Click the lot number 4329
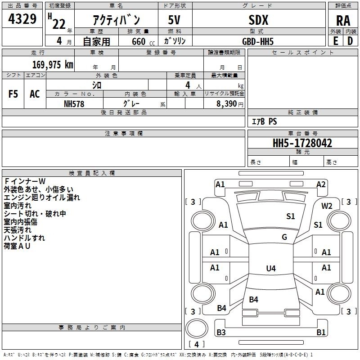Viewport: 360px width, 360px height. click(x=22, y=19)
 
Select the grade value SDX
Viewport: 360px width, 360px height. click(x=258, y=20)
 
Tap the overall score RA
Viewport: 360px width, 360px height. click(x=343, y=21)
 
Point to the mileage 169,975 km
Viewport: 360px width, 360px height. click(x=53, y=64)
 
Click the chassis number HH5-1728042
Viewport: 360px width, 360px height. click(x=302, y=143)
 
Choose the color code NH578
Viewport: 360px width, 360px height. click(x=74, y=104)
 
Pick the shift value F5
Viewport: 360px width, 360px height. click(x=13, y=94)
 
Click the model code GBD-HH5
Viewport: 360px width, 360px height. click(x=258, y=41)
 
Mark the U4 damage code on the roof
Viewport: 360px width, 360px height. click(x=271, y=268)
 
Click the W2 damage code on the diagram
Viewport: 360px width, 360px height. click(x=327, y=206)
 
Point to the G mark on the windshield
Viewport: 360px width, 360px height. click(x=284, y=237)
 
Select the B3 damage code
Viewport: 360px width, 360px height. click(x=221, y=332)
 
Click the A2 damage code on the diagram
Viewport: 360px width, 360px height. click(x=321, y=184)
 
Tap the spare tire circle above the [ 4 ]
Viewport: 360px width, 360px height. click(x=197, y=328)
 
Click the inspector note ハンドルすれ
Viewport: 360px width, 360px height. click(x=24, y=238)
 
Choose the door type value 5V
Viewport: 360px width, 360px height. click(x=174, y=20)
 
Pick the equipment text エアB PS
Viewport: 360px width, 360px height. click(x=265, y=121)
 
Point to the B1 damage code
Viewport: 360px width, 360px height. click(x=321, y=332)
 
